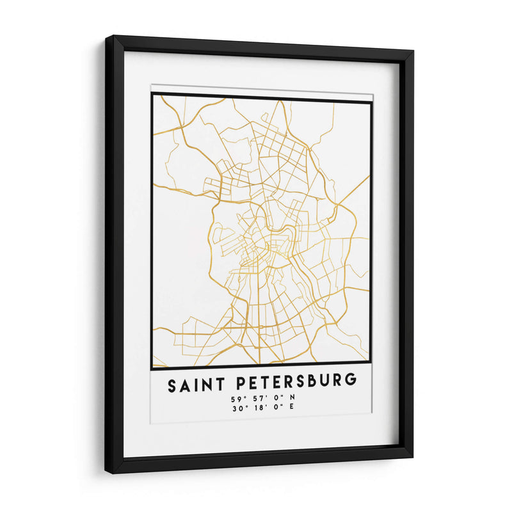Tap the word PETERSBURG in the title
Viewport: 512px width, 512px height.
click(x=296, y=382)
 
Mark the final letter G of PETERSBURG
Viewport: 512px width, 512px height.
click(x=350, y=381)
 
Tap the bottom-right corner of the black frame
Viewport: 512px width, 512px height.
click(x=412, y=456)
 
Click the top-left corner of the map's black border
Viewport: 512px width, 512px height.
click(x=152, y=94)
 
